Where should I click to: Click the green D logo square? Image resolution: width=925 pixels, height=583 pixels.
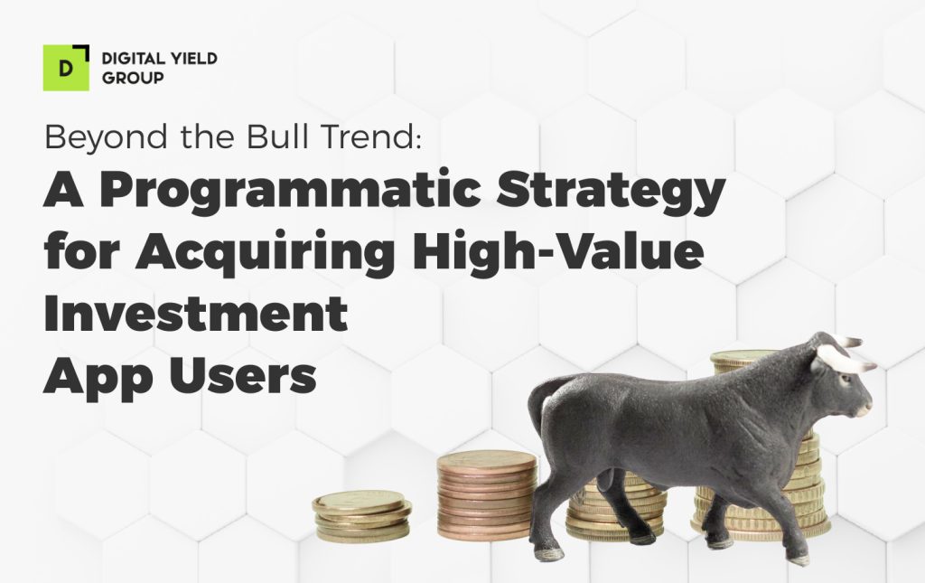[x=66, y=68]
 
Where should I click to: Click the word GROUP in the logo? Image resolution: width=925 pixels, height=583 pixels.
[x=133, y=78]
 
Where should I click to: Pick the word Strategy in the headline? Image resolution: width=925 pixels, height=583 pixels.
[x=611, y=191]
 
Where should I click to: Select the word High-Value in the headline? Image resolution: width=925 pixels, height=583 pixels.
[x=557, y=250]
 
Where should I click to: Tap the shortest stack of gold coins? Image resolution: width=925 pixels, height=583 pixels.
[x=361, y=515]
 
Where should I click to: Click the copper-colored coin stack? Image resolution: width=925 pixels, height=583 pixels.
[x=486, y=494]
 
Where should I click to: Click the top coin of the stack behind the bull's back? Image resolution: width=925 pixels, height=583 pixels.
[x=744, y=357]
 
